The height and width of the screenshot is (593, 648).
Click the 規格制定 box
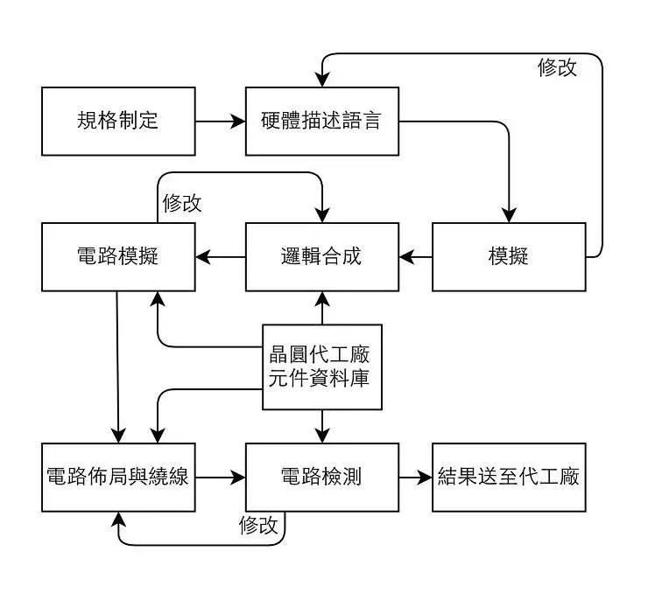point(118,121)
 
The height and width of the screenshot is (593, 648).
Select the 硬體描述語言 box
point(321,121)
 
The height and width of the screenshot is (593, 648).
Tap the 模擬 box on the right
point(509,256)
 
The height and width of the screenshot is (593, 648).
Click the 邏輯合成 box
point(321,256)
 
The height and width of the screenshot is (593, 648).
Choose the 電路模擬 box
point(118,256)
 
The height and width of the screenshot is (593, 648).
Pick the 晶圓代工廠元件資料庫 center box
point(322,367)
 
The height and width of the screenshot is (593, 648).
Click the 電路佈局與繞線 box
point(118,478)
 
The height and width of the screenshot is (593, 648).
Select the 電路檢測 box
point(321,478)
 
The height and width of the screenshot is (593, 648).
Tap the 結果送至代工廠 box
point(509,478)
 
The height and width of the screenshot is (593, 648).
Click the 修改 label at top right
point(557,68)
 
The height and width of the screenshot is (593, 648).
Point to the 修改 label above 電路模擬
point(182,203)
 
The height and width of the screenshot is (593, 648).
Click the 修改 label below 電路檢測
point(258,525)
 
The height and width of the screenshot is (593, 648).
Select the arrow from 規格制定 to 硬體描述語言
point(220,121)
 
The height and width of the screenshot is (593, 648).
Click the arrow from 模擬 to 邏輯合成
point(415,256)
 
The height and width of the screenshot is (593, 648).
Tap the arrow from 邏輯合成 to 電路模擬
point(220,256)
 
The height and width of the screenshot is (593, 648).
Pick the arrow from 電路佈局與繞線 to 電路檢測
point(220,478)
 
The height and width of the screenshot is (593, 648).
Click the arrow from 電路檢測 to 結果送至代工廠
point(415,478)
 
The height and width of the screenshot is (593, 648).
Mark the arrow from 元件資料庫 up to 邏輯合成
point(322,308)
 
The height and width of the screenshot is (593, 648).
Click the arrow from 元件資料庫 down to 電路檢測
point(322,426)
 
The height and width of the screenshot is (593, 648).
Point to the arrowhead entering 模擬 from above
point(509,214)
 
